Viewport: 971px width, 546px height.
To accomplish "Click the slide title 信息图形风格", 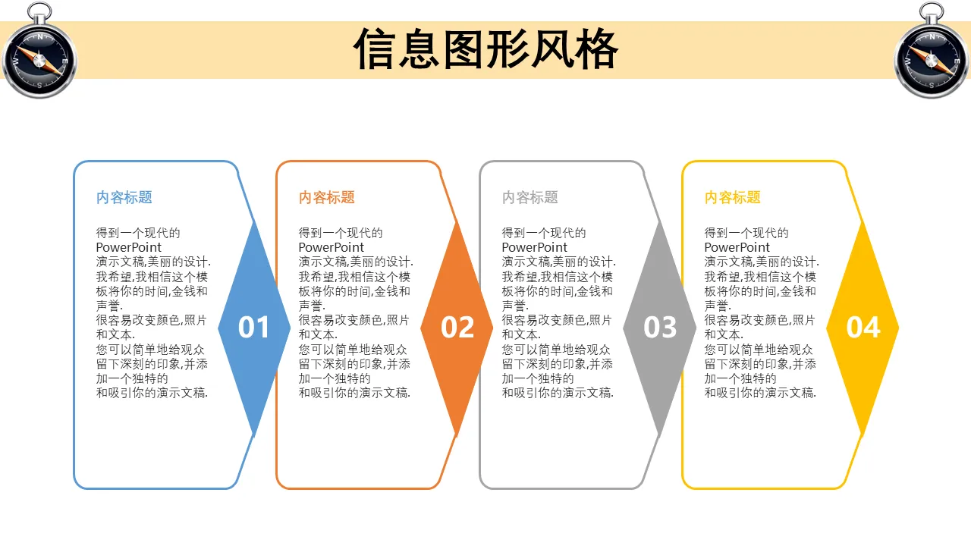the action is pyautogui.click(x=485, y=49).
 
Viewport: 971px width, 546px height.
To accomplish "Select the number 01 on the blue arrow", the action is pyautogui.click(x=253, y=327).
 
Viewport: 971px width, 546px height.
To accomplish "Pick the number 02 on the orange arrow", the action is pyautogui.click(x=457, y=327).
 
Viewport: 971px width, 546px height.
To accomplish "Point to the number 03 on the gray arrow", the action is pyautogui.click(x=660, y=327).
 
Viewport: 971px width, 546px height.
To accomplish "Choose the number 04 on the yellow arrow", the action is pyautogui.click(x=863, y=327).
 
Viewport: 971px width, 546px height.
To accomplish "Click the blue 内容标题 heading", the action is pyautogui.click(x=124, y=198).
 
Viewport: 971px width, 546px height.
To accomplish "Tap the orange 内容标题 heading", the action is pyautogui.click(x=327, y=198).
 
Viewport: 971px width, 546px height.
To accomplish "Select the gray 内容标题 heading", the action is pyautogui.click(x=529, y=198).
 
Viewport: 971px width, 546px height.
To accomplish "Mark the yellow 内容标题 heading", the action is pyautogui.click(x=733, y=198).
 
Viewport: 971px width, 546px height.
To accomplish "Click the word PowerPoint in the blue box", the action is pyautogui.click(x=128, y=247).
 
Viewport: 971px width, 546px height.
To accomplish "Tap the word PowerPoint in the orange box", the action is pyautogui.click(x=332, y=247).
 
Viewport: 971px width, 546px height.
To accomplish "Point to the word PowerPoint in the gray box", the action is pyautogui.click(x=534, y=247).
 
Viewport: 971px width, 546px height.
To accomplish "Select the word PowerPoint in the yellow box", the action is pyautogui.click(x=737, y=247).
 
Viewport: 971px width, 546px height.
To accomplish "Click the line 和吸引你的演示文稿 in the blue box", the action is pyautogui.click(x=152, y=393).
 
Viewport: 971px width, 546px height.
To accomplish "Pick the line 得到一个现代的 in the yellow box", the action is pyautogui.click(x=746, y=233).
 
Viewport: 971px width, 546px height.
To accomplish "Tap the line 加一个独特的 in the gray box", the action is pyautogui.click(x=538, y=378).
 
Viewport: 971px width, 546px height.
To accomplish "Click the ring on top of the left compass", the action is pyautogui.click(x=39, y=12).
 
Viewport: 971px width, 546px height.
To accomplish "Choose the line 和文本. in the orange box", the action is pyautogui.click(x=318, y=334).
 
